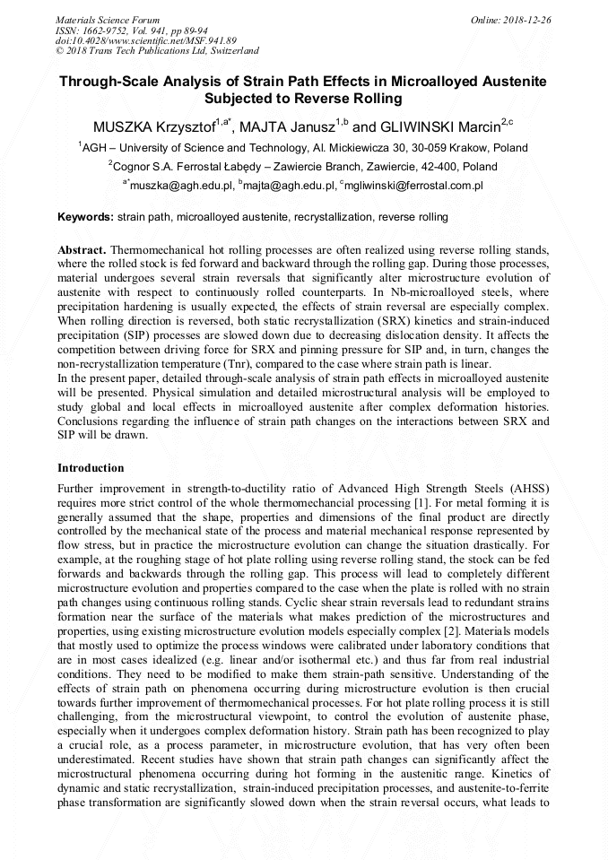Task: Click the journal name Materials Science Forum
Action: [108, 19]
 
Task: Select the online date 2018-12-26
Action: [527, 19]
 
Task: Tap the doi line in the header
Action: [145, 40]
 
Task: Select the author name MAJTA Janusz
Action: [287, 127]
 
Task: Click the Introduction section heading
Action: [91, 468]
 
